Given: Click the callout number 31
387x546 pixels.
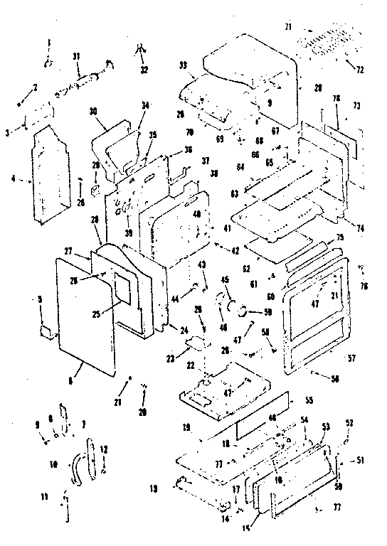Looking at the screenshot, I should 77,57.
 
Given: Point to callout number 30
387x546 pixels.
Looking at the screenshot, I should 92,111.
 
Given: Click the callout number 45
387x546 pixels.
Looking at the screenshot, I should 226,279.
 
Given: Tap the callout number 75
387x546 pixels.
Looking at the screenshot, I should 340,237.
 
